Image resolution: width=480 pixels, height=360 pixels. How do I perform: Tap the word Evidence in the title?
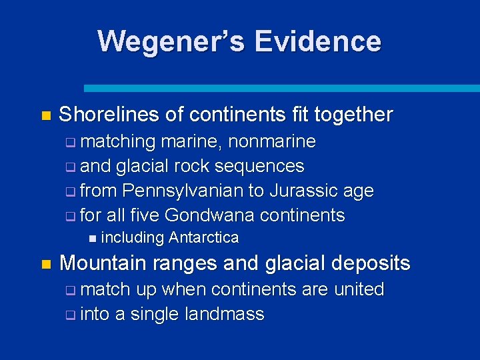point(317,41)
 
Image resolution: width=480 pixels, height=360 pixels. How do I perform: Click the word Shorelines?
point(109,115)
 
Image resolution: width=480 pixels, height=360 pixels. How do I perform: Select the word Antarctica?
point(203,238)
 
